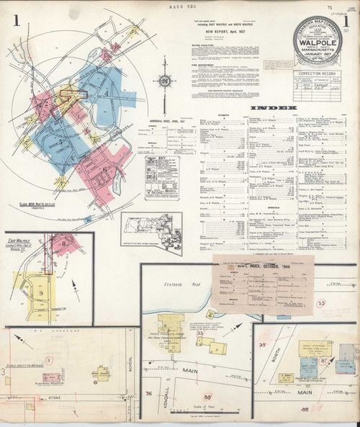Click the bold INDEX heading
273,109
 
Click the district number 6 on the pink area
105,170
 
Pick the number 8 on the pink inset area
63,244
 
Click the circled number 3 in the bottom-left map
49,358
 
